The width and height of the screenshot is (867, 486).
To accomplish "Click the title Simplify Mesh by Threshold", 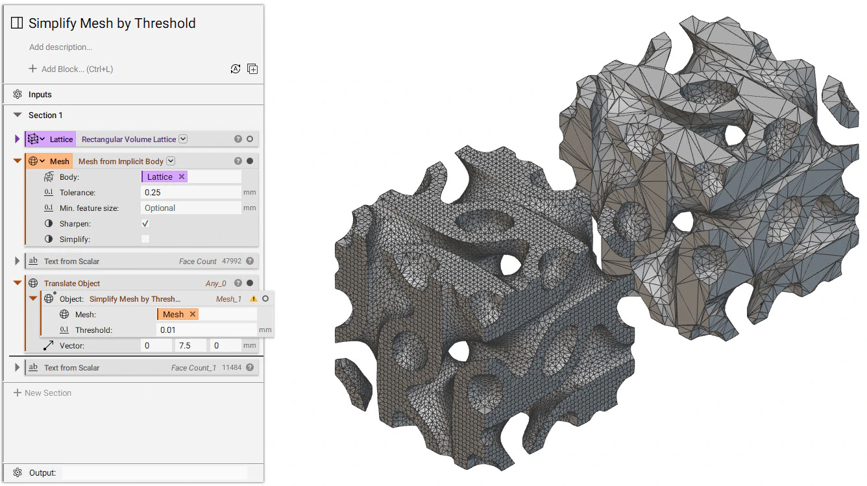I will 112,23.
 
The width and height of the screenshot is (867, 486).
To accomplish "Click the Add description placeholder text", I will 60,47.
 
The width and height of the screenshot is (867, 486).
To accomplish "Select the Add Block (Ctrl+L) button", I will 71,69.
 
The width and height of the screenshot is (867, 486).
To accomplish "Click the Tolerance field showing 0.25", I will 191,193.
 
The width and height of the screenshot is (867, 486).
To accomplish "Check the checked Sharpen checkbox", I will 145,223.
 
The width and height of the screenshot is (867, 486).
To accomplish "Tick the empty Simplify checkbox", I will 145,239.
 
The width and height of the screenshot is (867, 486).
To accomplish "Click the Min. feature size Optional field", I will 191,208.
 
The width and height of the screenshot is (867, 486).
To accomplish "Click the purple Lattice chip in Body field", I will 160,176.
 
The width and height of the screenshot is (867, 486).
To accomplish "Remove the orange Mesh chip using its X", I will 193,314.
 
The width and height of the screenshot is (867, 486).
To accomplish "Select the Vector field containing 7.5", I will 191,346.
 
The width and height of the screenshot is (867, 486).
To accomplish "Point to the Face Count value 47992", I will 231,261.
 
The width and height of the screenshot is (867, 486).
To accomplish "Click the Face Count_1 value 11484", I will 231,368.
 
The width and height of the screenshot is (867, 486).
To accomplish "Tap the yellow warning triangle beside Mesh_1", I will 254,299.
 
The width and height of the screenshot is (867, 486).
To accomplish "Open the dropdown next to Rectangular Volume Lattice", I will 183,139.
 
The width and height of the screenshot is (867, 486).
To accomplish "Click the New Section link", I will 47,393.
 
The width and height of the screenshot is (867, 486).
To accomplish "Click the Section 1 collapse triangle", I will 18,115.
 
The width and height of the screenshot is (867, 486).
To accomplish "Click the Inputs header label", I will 40,95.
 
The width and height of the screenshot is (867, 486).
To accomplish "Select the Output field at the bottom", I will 154,473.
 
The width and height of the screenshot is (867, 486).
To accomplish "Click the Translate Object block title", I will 72,284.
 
